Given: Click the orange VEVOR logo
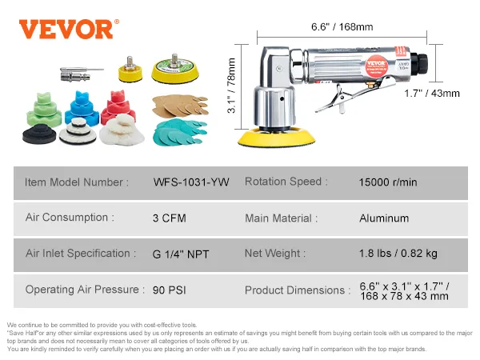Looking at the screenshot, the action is tap(69, 29).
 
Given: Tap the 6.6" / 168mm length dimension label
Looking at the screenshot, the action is tap(342, 27).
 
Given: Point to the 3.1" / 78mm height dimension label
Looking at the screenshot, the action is tap(232, 86).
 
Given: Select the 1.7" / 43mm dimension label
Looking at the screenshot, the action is tap(432, 94).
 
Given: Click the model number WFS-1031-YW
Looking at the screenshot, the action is tap(191, 182).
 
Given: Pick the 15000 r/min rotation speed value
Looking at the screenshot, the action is tap(388, 182).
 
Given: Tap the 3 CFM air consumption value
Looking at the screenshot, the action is tap(170, 218).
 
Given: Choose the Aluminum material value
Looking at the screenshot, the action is tap(384, 218).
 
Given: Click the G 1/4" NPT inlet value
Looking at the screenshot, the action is tap(181, 254).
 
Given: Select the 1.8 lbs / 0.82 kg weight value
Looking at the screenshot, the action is tap(398, 254).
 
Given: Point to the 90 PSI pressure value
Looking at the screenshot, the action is tap(170, 290).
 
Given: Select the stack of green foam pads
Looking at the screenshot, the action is tap(44, 109).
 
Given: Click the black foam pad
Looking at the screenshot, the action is tap(39, 134).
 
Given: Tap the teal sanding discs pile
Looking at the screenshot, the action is tap(180, 133).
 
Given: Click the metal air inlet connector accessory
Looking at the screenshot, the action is tap(82, 74).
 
